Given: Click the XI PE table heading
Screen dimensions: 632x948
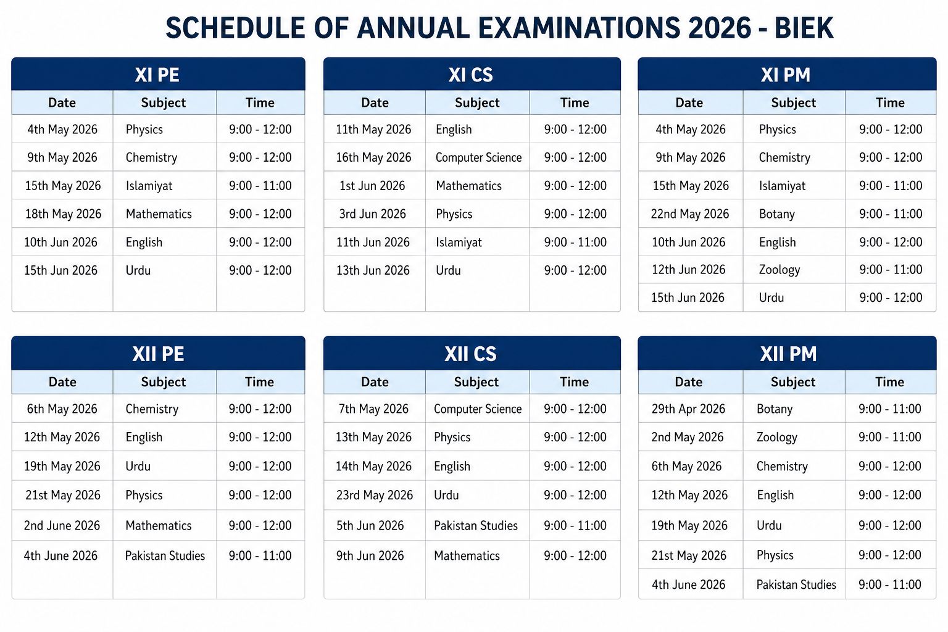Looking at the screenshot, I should click(x=157, y=75).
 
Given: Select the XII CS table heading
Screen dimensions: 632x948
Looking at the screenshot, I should click(x=470, y=354).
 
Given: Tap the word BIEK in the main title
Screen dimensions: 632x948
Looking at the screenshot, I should click(x=804, y=28).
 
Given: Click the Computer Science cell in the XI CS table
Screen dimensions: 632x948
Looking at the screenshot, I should click(x=478, y=157).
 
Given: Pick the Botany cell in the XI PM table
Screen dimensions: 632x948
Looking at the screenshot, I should click(x=776, y=214).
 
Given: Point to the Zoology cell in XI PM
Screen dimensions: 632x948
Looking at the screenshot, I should click(x=779, y=270).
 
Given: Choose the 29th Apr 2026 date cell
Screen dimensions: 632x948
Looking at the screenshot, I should click(x=688, y=409).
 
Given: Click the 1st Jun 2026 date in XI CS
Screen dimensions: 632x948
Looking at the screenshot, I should click(x=372, y=186).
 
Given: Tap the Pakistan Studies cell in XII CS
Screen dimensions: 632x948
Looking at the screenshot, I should click(x=475, y=526).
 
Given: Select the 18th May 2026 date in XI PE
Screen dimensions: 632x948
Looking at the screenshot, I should click(x=63, y=214).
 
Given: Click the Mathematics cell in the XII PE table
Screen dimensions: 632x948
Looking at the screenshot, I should click(x=158, y=526).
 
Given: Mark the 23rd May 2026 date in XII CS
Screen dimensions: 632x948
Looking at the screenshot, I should click(x=374, y=495).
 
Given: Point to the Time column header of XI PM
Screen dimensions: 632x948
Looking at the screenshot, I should click(x=890, y=102).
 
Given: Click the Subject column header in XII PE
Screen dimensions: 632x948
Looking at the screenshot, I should click(x=163, y=382).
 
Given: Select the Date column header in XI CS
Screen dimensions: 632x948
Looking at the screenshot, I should click(x=375, y=102).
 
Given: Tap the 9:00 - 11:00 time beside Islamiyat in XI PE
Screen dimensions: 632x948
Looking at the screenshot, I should click(x=260, y=186).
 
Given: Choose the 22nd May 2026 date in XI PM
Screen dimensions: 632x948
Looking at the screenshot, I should click(x=689, y=214).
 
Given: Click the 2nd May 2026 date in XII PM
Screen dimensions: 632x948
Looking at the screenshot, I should click(x=687, y=437).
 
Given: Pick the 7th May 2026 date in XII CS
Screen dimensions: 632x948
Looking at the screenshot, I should click(x=373, y=409).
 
